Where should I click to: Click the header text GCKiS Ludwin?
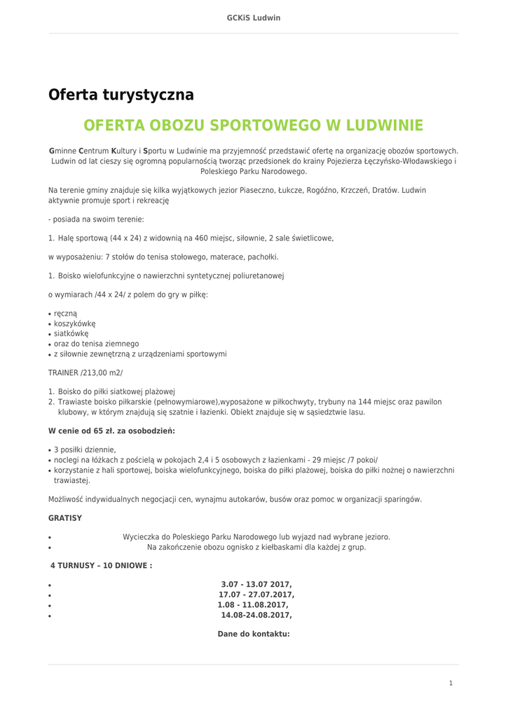(254, 18)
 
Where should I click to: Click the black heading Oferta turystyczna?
(121, 95)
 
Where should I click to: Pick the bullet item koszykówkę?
(74, 324)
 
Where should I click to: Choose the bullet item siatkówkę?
(71, 334)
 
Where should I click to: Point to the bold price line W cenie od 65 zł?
(111, 431)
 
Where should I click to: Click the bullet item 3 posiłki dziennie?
(85, 449)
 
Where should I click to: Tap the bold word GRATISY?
(65, 518)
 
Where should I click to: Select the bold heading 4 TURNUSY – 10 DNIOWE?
(101, 565)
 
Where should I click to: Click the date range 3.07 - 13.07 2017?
(256, 584)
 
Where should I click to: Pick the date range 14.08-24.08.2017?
(256, 615)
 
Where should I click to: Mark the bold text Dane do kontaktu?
(254, 634)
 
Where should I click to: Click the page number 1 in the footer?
(451, 683)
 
